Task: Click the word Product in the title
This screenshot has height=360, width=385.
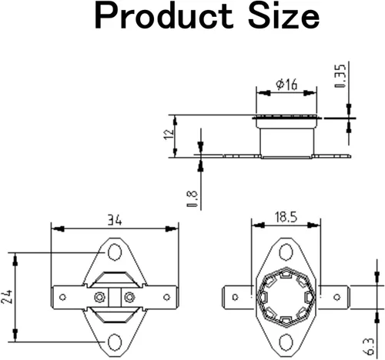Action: tap(164, 17)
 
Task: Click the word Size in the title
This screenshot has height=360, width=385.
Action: tap(283, 16)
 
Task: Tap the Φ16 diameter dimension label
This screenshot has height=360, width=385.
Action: tap(286, 85)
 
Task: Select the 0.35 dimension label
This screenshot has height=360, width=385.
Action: tap(340, 75)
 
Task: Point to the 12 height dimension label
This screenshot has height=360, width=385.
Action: tap(169, 134)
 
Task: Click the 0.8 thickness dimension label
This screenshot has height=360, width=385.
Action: tap(192, 198)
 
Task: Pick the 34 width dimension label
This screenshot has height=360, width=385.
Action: tap(114, 220)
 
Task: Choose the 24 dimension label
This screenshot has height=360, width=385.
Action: tap(6, 297)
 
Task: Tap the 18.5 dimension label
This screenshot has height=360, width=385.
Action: tap(286, 217)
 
